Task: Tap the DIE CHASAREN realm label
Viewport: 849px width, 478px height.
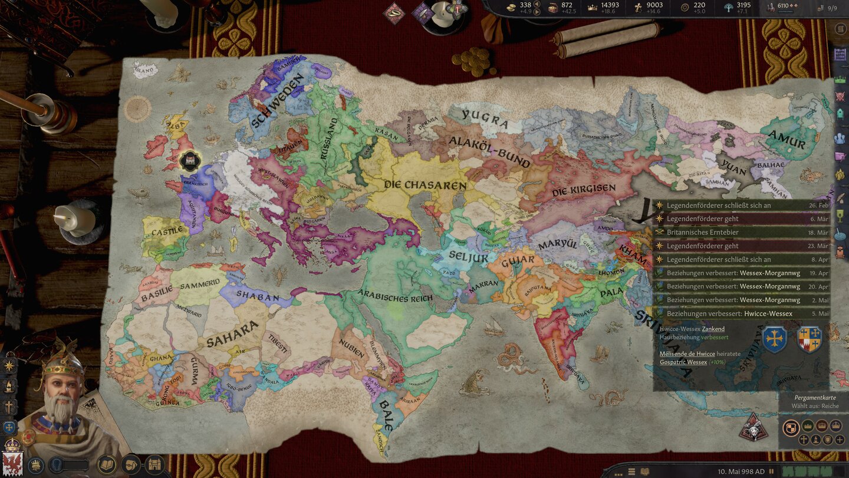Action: coord(425,185)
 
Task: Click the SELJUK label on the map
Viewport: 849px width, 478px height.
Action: coord(469,256)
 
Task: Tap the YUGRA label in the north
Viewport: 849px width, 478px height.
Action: coord(485,119)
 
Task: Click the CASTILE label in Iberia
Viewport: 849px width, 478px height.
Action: coord(167,232)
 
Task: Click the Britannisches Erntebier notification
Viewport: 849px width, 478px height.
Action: coord(702,232)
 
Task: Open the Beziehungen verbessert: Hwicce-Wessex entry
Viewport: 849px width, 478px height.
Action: coord(729,313)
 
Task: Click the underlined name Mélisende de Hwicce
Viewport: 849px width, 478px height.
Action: coord(687,353)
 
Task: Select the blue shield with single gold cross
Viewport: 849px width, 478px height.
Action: coord(774,340)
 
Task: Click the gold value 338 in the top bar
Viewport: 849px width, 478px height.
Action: coord(525,5)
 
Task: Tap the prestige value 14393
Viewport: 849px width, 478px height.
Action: coord(610,5)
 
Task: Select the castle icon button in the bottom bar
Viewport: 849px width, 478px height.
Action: coord(154,464)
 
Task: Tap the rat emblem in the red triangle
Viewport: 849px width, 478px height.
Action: coord(752,428)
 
